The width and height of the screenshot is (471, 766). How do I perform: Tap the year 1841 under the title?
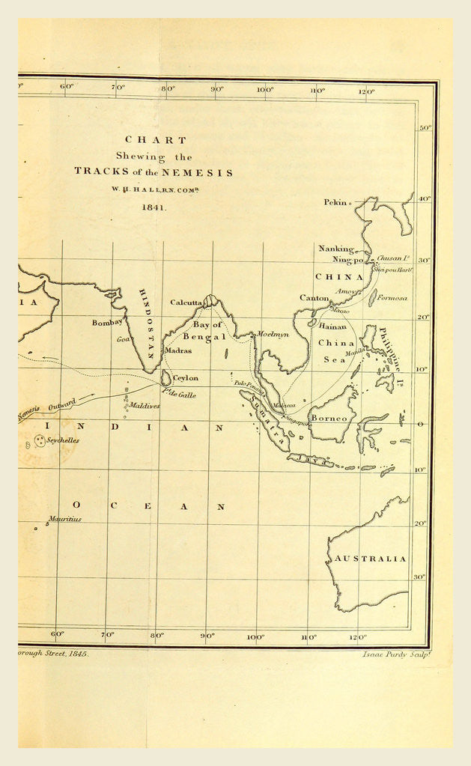(153, 205)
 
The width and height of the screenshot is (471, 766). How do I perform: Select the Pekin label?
(336, 202)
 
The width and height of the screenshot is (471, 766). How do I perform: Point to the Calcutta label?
(186, 303)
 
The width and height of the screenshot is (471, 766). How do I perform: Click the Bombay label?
(106, 322)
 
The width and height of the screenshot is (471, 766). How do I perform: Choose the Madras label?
(178, 350)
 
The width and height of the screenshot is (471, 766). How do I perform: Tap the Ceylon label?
(186, 378)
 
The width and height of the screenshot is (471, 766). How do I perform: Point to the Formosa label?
(392, 298)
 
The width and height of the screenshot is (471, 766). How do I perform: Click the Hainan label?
(333, 326)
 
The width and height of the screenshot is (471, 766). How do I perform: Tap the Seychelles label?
(63, 441)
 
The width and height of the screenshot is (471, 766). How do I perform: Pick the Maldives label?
(144, 406)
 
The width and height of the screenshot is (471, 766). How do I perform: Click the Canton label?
(314, 298)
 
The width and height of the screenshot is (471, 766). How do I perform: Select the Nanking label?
(335, 249)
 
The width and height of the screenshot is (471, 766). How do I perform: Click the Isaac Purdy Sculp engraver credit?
(388, 654)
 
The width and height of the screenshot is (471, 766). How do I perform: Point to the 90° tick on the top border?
(216, 89)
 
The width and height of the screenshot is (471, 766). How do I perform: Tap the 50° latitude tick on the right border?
(425, 129)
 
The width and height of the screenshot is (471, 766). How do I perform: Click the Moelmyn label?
(273, 334)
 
